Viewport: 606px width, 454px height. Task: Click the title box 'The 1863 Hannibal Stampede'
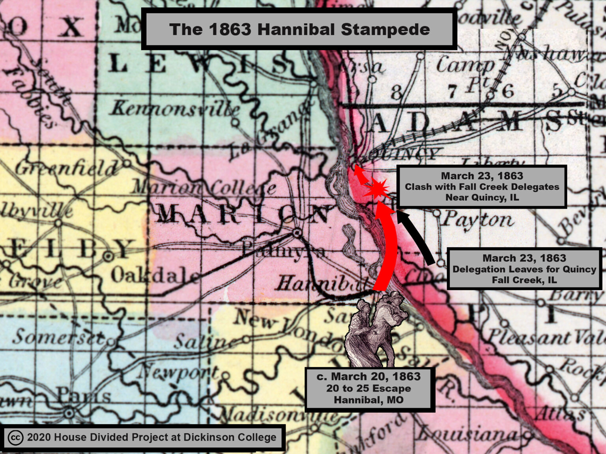coord(299,30)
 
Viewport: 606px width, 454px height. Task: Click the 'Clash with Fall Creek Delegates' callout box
coord(481,187)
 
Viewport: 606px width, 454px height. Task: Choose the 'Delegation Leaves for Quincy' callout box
coord(524,269)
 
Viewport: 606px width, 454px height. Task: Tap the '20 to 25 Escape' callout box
coord(369,389)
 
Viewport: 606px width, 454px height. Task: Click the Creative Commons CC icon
coord(15,438)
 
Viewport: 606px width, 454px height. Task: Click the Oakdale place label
coord(154,276)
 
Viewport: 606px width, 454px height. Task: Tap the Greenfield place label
coord(67,169)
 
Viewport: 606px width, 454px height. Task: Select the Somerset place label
coord(59,337)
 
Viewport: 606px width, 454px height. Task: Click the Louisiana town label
coord(468,434)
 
